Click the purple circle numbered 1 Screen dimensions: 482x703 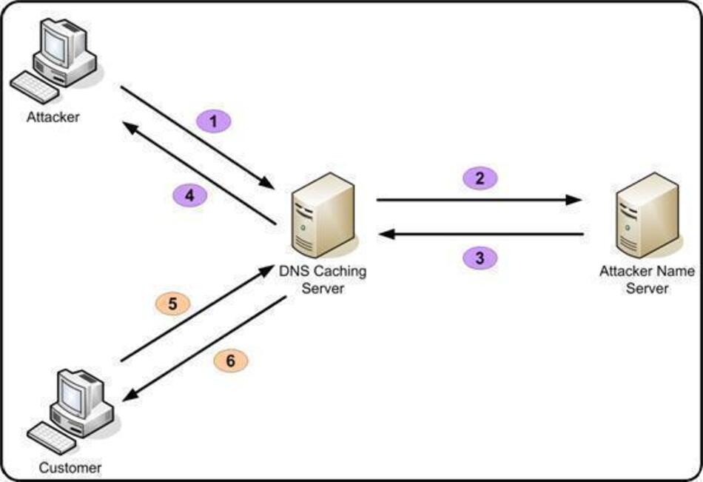[214, 121]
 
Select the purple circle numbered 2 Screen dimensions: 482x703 [480, 178]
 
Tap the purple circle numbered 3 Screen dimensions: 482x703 [480, 258]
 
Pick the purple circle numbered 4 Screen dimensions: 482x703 [189, 195]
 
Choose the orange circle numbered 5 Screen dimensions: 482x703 [172, 303]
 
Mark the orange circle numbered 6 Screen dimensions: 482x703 [230, 361]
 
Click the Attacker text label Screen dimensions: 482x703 [53, 117]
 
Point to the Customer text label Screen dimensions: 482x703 [70, 467]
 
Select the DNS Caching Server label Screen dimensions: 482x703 [323, 280]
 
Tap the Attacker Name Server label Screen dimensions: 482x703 [647, 280]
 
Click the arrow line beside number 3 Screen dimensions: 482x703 [481, 235]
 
